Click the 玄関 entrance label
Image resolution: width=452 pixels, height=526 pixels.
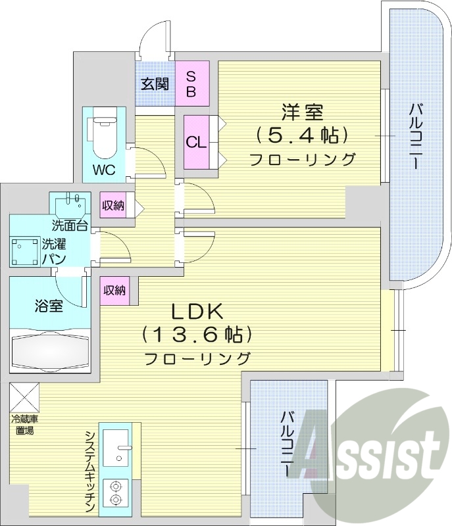click(x=155, y=84)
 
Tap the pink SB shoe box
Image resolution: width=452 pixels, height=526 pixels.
click(x=191, y=84)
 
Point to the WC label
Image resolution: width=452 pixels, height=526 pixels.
click(x=103, y=170)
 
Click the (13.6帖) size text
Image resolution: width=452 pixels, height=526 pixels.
click(x=197, y=335)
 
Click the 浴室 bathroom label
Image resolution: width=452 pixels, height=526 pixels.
click(x=49, y=306)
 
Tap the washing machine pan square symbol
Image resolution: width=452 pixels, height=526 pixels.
click(x=25, y=251)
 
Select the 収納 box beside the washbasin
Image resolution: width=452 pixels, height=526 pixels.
click(x=113, y=206)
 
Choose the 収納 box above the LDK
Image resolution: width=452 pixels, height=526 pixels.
click(x=114, y=290)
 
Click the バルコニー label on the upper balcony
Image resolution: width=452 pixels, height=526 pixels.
click(x=416, y=137)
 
